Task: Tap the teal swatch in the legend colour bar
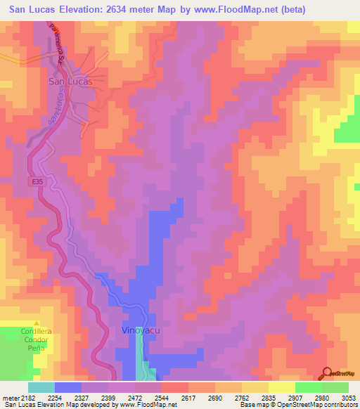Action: tap(41, 387)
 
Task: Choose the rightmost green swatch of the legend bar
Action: tap(335, 387)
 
